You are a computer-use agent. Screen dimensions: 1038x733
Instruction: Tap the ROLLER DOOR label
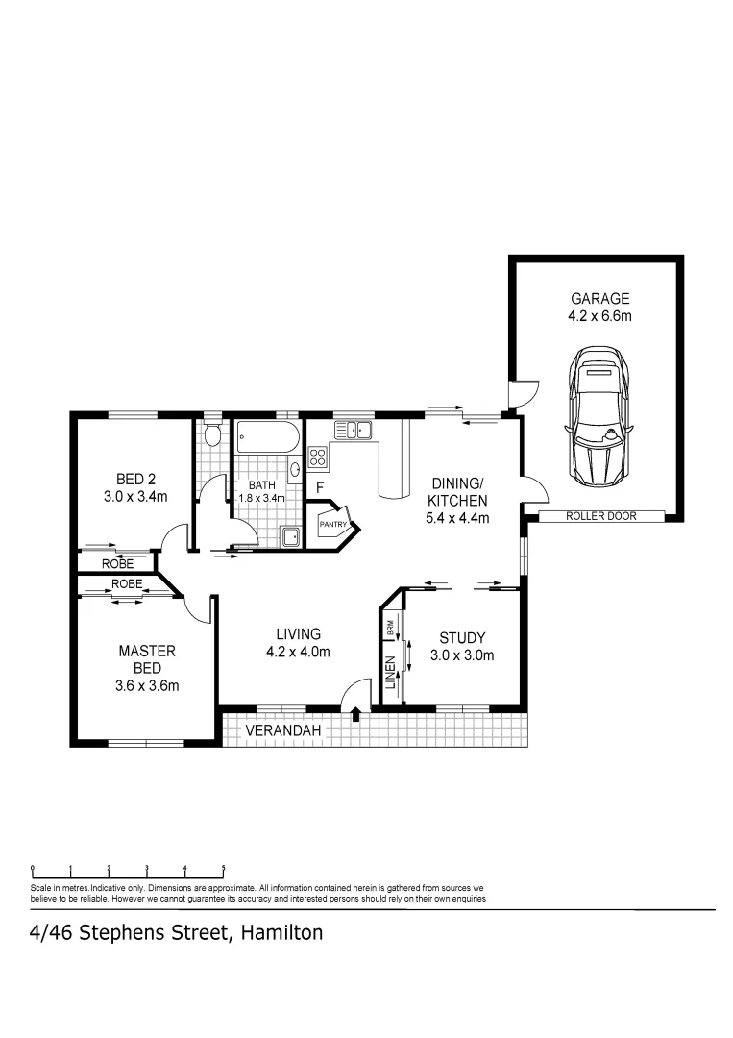pyautogui.click(x=600, y=516)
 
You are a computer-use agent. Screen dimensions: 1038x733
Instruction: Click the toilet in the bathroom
pyautogui.click(x=213, y=437)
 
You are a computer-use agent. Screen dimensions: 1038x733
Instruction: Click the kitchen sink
pyautogui.click(x=353, y=430)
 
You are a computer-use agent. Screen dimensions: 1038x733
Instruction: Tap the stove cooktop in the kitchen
pyautogui.click(x=318, y=457)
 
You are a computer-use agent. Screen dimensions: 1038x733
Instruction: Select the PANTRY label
pyautogui.click(x=332, y=525)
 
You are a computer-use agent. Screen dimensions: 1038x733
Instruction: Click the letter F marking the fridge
pyautogui.click(x=319, y=488)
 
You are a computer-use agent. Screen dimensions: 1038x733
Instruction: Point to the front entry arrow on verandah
pyautogui.click(x=356, y=714)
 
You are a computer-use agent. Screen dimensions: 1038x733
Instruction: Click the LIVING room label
pyautogui.click(x=298, y=633)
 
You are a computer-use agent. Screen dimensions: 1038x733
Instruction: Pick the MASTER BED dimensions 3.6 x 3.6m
pyautogui.click(x=147, y=685)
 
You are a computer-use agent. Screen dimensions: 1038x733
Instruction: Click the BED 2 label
pyautogui.click(x=135, y=479)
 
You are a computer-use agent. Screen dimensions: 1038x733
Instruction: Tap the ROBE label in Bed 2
pyautogui.click(x=118, y=563)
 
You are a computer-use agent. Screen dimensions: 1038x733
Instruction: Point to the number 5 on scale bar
pyautogui.click(x=223, y=867)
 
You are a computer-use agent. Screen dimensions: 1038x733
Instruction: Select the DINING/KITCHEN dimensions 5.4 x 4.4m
pyautogui.click(x=458, y=518)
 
